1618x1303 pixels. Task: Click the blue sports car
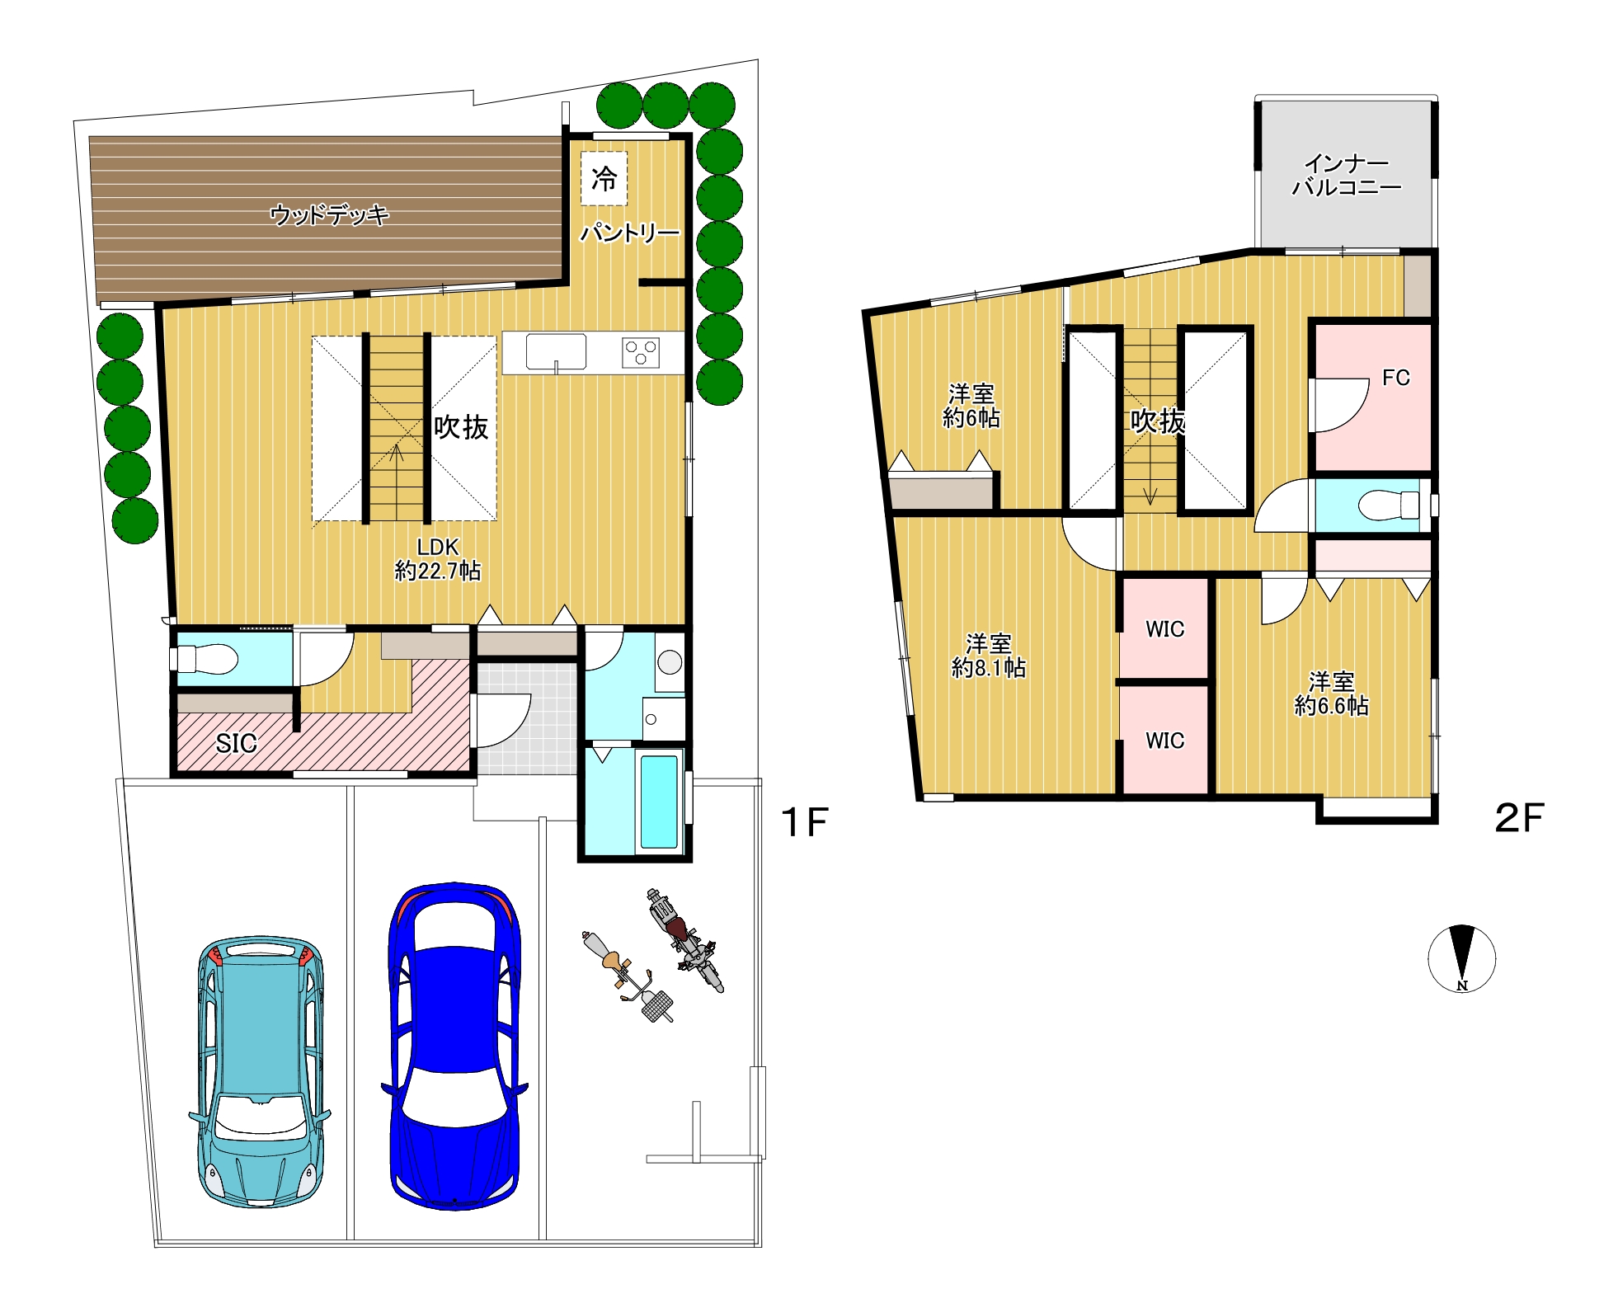[x=454, y=1046]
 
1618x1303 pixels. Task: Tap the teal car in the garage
[x=260, y=1071]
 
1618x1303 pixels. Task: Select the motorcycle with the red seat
[x=684, y=939]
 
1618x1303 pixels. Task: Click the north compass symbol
[x=1461, y=957]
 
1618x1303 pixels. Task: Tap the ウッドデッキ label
[x=329, y=215]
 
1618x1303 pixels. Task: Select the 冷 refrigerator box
[x=604, y=178]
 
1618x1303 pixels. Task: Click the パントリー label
[x=630, y=233]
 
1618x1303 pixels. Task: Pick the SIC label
[x=236, y=743]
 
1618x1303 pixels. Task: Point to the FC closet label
[x=1396, y=378]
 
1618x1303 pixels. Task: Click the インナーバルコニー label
[x=1347, y=176]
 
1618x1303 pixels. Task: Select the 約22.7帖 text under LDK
[x=438, y=571]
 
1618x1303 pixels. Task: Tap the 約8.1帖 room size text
[x=989, y=667]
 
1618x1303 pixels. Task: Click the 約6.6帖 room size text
[x=1332, y=706]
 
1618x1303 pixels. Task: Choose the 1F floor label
[x=804, y=822]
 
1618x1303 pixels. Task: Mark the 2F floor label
[x=1519, y=817]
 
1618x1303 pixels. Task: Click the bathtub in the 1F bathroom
[x=659, y=801]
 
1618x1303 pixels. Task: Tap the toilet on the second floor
[x=1388, y=505]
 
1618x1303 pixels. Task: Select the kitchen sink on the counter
[x=557, y=352]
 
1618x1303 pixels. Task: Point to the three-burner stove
[x=641, y=353]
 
